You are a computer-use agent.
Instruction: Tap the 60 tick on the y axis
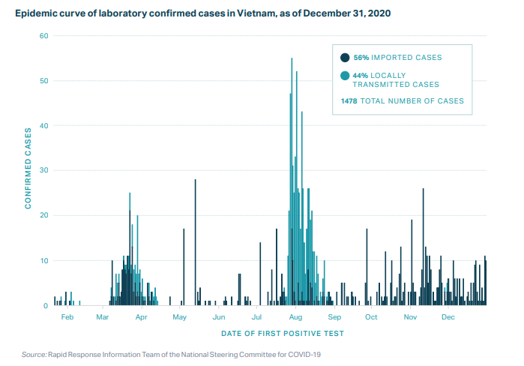[x=43, y=36]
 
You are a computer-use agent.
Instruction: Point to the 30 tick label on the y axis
[x=43, y=171]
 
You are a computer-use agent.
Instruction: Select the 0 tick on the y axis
[x=46, y=306]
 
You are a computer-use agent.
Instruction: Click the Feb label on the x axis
[x=67, y=317]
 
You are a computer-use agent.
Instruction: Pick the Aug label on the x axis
[x=295, y=317]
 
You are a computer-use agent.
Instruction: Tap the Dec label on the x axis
[x=448, y=317]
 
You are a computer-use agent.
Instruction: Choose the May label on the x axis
[x=179, y=317]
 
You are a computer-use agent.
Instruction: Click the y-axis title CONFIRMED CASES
[x=28, y=170]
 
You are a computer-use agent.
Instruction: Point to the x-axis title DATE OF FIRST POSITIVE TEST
[x=283, y=332]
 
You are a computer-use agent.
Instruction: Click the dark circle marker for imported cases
[x=345, y=57]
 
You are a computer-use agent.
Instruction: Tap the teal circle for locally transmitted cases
[x=345, y=75]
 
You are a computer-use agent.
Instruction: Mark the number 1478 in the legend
[x=349, y=100]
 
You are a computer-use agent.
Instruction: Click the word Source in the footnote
[x=34, y=353]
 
